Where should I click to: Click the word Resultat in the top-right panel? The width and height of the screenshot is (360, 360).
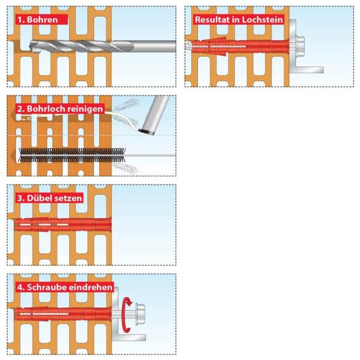pos(216,20)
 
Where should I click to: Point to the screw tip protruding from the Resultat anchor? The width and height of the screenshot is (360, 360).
pos(188,46)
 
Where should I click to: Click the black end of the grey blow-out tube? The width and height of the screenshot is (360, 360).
pos(145,129)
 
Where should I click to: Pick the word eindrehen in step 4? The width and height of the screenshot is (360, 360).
pos(89,287)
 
